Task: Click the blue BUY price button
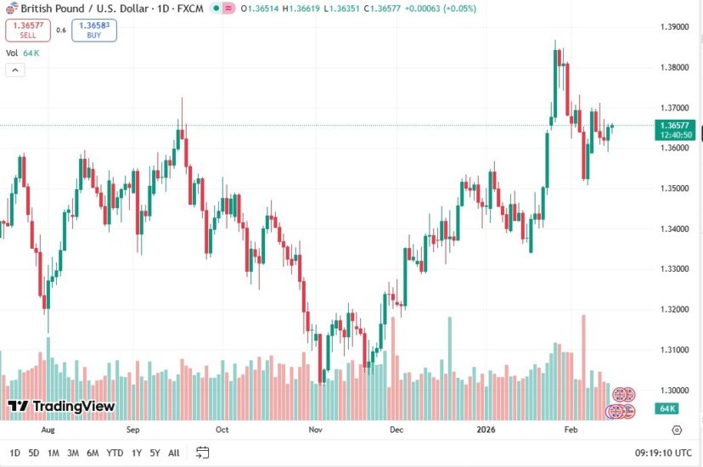click(x=94, y=31)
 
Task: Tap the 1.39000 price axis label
click(x=676, y=27)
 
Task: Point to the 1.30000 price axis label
click(x=676, y=391)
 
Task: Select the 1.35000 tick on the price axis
click(x=676, y=188)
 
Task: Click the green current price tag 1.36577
click(x=676, y=125)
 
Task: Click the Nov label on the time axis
click(x=315, y=430)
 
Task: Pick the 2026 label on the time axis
click(x=486, y=430)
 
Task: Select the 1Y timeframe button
click(x=136, y=453)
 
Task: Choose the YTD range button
click(x=115, y=453)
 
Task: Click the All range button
click(x=174, y=453)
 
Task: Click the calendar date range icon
click(x=202, y=453)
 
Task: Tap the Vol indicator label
click(x=12, y=53)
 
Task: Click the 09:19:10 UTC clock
click(x=663, y=453)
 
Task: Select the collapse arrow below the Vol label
click(x=14, y=70)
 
